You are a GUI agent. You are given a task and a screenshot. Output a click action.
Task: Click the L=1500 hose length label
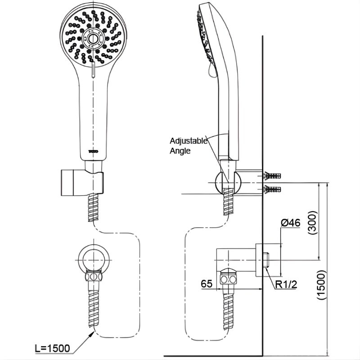click(x=53, y=348)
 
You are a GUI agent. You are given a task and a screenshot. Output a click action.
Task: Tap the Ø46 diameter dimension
click(x=290, y=222)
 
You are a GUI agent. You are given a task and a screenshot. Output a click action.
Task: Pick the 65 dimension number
click(x=207, y=284)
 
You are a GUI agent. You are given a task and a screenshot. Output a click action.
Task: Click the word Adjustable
click(x=189, y=140)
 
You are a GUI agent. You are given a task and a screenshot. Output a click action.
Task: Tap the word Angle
click(x=180, y=151)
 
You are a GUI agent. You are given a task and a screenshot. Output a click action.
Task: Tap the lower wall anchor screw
click(x=273, y=188)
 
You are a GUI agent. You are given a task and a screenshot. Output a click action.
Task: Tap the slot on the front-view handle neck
click(x=93, y=71)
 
